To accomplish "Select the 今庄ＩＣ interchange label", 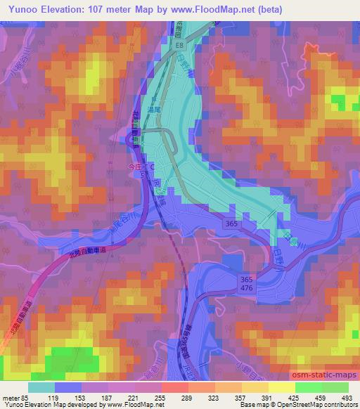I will pyautogui.click(x=139, y=169).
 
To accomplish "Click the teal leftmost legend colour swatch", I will pyautogui.click(x=42, y=387).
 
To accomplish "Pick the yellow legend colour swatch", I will pyautogui.click(x=282, y=387).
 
